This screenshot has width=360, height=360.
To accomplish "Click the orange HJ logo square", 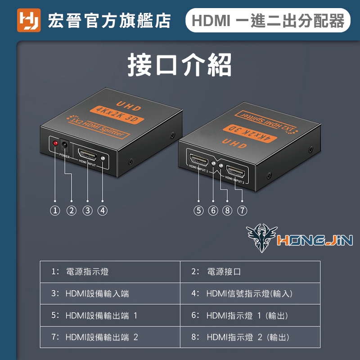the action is coord(29,20).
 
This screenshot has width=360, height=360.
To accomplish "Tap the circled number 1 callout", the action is coord(55,211).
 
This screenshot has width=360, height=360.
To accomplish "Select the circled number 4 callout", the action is coord(103,211).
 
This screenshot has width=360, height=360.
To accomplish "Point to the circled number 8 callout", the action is coord(227,211).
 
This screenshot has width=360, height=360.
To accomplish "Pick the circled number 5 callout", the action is coord(198,211).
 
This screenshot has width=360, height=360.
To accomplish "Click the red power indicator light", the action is coord(55,143).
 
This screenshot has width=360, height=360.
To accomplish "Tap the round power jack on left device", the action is coord(64,145).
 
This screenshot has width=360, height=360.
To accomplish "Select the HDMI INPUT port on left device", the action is coord(87,155).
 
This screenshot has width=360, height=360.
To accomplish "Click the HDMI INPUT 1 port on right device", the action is coord(198,159).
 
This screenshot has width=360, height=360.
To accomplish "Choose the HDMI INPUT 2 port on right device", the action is coord(235,171).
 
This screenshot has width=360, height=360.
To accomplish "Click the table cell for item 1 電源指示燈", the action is coord(110,272).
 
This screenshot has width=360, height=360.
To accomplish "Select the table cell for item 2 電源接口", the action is coord(250,272).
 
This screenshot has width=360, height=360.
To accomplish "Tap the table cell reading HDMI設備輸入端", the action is coord(110,294).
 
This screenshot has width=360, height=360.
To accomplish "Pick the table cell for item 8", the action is coord(250,337).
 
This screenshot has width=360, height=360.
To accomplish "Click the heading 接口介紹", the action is coord(180,64).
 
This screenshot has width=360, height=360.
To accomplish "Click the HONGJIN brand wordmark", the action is coord(315,240).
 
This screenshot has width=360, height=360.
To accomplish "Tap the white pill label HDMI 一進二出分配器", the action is coord(268,20).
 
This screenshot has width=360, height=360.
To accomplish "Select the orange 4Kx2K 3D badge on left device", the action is coord(117,115).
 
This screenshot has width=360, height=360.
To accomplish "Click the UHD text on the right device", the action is coord(234,144).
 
